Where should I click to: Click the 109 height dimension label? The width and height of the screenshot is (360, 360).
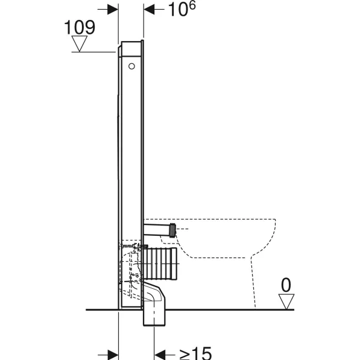80,27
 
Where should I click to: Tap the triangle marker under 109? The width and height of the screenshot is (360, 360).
80,43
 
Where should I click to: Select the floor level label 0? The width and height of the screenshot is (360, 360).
286,285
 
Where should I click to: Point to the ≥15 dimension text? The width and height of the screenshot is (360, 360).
195,353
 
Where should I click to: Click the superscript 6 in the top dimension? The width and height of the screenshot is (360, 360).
192,5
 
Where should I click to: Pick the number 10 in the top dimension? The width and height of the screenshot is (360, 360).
177,10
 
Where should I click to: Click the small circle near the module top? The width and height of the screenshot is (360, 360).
131,66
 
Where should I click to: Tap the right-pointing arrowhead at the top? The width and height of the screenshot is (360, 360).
113,10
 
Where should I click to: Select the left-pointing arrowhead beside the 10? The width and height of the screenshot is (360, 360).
149,10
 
